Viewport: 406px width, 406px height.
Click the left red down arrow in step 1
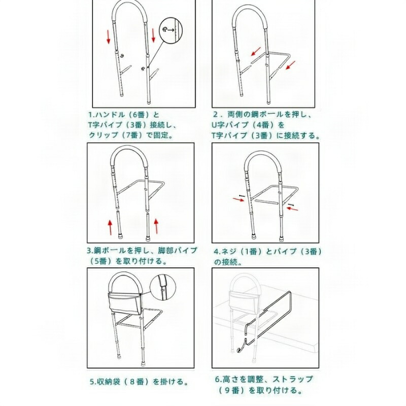(108, 37)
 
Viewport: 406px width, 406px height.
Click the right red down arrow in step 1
(153, 36)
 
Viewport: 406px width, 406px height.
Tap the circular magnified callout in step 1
(170, 30)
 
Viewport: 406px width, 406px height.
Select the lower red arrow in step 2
(290, 65)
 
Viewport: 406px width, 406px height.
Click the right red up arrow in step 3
(156, 226)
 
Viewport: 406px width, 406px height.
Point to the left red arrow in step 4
(239, 199)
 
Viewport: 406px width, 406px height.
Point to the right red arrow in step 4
(292, 208)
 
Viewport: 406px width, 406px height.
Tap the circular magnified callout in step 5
(163, 287)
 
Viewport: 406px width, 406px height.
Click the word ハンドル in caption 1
(106, 115)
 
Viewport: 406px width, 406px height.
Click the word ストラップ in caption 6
(293, 379)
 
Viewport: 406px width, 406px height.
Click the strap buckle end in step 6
(240, 350)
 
